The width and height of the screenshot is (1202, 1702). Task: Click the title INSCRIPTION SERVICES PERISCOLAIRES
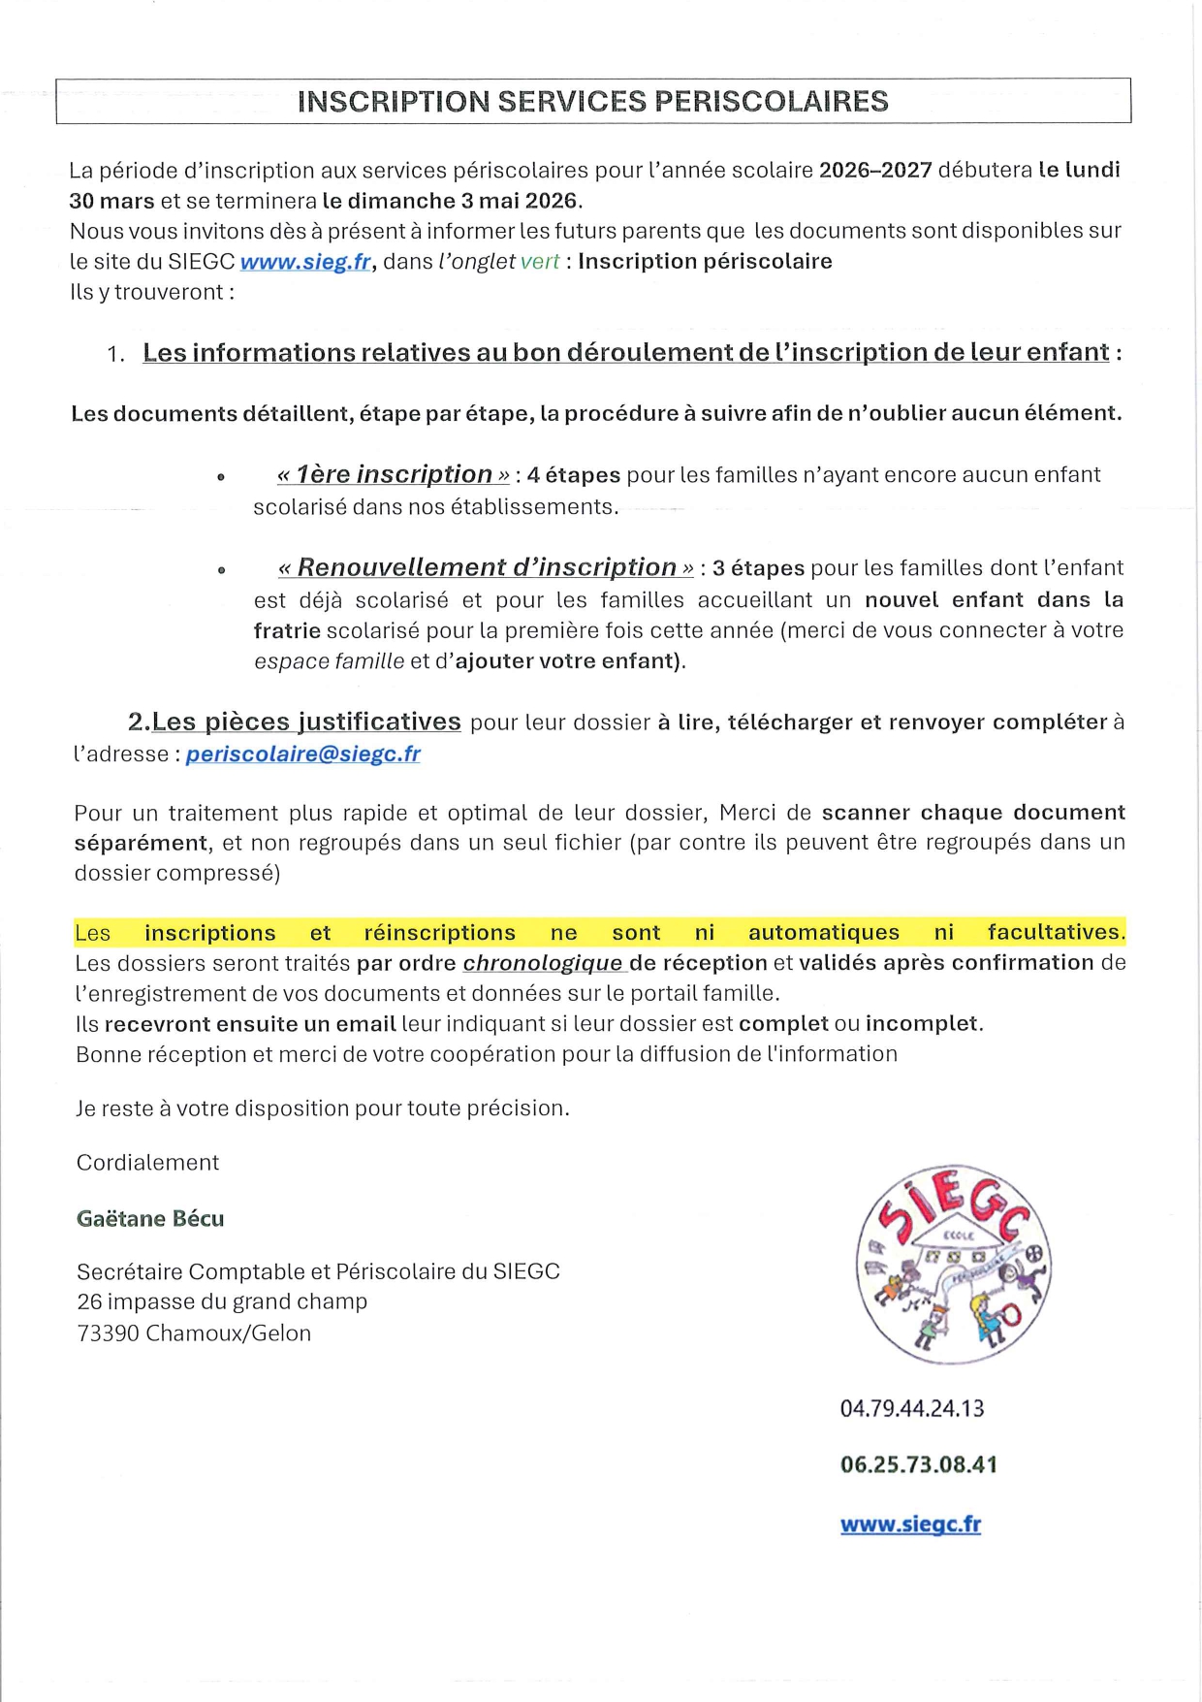click(x=592, y=102)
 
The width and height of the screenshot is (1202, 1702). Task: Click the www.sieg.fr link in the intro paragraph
click(x=304, y=262)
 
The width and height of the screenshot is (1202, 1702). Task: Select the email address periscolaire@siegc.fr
click(x=302, y=754)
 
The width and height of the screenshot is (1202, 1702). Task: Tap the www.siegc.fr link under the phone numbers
click(x=910, y=1524)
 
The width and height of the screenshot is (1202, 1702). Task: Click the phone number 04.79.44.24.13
click(x=911, y=1408)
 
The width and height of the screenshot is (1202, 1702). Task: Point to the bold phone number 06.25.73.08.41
click(x=918, y=1464)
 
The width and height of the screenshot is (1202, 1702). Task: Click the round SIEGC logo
click(x=953, y=1264)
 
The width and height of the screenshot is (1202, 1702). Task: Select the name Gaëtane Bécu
click(x=150, y=1218)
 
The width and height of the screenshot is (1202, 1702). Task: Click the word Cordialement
click(x=147, y=1162)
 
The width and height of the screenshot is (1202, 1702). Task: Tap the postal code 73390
click(x=108, y=1333)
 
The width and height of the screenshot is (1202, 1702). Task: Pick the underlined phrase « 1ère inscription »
click(x=393, y=474)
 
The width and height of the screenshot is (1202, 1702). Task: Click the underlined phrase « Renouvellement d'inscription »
click(x=486, y=567)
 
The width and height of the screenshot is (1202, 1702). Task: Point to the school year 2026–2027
click(x=875, y=171)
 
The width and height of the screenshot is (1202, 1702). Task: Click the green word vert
click(x=539, y=262)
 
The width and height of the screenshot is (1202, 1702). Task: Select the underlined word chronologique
click(x=543, y=962)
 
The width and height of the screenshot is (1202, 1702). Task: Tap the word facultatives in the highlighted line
click(x=1055, y=932)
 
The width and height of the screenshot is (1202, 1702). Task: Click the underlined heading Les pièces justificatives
click(x=305, y=722)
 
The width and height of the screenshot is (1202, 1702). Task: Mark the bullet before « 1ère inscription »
click(x=221, y=477)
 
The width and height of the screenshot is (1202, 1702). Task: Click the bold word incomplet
click(x=921, y=1023)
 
